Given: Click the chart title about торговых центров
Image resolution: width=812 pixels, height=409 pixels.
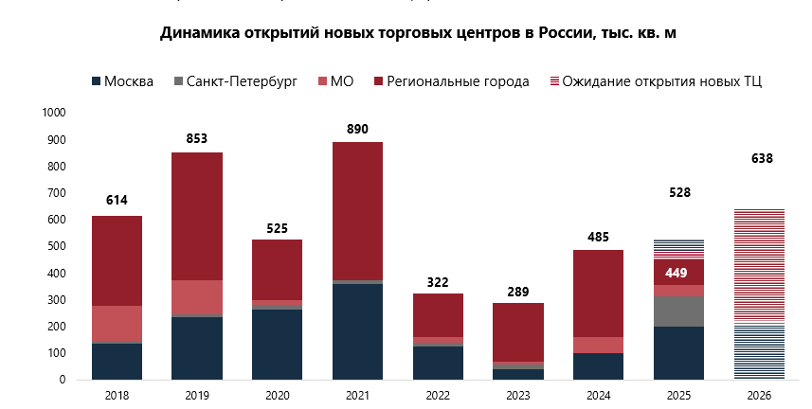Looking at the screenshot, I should (417, 32).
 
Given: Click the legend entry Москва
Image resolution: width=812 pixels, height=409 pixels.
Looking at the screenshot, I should (127, 81).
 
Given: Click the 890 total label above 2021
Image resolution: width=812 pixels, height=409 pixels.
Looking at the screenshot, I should (357, 129).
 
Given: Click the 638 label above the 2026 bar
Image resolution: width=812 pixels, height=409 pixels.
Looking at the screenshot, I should (761, 158).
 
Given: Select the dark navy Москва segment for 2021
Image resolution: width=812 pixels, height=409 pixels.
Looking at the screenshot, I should (357, 331).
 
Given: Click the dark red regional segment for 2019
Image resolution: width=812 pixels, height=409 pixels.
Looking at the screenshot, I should (197, 216).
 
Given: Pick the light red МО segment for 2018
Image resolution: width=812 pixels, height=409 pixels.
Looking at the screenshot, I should (117, 324).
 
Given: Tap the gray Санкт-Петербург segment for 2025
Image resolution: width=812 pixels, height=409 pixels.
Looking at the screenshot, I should (678, 311).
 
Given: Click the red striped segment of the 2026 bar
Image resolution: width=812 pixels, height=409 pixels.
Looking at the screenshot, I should (759, 265).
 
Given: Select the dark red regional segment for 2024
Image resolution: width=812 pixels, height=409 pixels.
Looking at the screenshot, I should (598, 293).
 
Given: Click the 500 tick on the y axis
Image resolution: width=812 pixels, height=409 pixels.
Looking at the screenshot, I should (56, 246).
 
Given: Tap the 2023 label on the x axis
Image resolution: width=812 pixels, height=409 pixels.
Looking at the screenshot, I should (517, 397).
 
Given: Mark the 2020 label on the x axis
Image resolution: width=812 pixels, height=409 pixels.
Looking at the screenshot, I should (278, 397).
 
